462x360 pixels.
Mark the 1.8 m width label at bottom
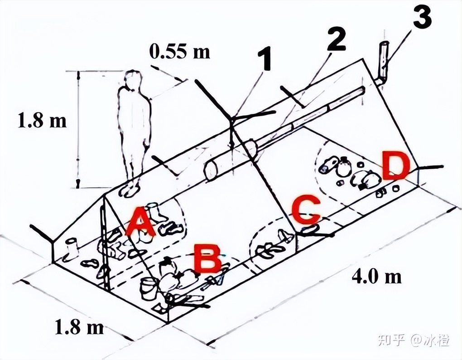click(79, 326)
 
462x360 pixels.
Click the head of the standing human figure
click(132, 79)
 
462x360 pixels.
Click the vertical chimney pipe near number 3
click(383, 62)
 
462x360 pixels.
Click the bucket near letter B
click(148, 289)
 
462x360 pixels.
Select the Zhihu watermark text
click(413, 340)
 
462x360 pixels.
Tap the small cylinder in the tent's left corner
click(72, 248)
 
